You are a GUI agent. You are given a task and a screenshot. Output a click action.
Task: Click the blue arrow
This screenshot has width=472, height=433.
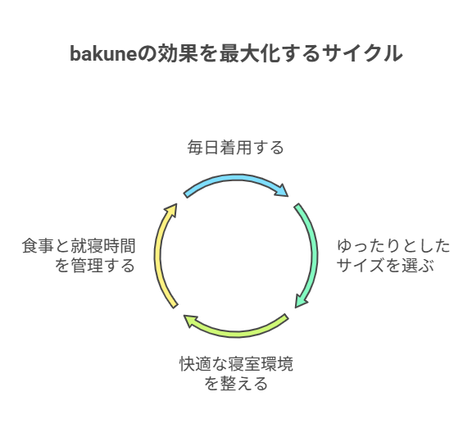pyautogui.click(x=236, y=178)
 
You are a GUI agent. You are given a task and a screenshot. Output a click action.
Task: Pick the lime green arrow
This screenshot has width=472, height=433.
pyautogui.click(x=236, y=333)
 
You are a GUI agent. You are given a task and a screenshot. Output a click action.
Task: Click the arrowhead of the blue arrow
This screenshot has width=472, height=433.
pyautogui.click(x=282, y=189)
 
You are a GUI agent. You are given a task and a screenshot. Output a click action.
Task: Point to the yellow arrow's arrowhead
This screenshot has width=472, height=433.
pyautogui.click(x=171, y=209)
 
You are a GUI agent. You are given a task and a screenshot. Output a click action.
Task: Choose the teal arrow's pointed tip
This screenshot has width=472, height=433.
pyautogui.click(x=295, y=308)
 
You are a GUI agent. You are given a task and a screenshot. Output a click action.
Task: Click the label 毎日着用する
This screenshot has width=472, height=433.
pyautogui.click(x=236, y=148)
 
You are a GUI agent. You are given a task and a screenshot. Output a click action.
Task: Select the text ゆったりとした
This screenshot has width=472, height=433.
pyautogui.click(x=393, y=246)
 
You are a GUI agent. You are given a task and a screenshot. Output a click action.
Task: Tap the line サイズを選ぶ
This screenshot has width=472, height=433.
pyautogui.click(x=385, y=266)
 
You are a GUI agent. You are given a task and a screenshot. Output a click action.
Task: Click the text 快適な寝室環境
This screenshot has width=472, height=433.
pyautogui.click(x=236, y=363)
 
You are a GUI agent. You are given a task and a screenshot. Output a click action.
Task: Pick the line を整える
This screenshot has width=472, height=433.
pyautogui.click(x=236, y=384)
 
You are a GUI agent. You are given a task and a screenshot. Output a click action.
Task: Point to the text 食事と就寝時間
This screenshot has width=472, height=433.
pyautogui.click(x=79, y=246)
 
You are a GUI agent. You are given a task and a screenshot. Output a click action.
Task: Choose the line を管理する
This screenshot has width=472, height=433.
pyautogui.click(x=95, y=266)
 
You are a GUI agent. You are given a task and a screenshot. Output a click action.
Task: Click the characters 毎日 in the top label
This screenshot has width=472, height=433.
pyautogui.click(x=203, y=148)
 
